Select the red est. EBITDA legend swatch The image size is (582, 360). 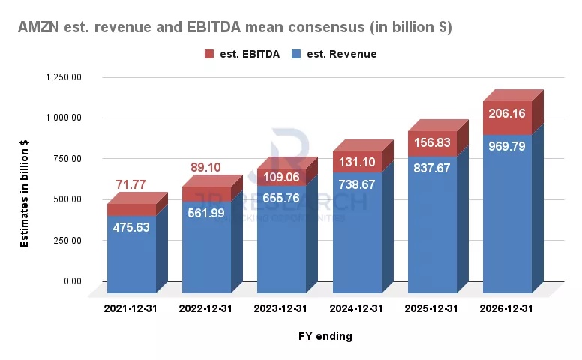[209, 55]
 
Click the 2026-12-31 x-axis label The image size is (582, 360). [508, 308]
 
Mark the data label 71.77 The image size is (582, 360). [131, 184]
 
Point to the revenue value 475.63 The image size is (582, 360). [132, 227]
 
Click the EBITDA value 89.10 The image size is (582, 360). [205, 168]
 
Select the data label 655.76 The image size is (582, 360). [281, 199]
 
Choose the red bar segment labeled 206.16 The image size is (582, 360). [507, 115]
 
